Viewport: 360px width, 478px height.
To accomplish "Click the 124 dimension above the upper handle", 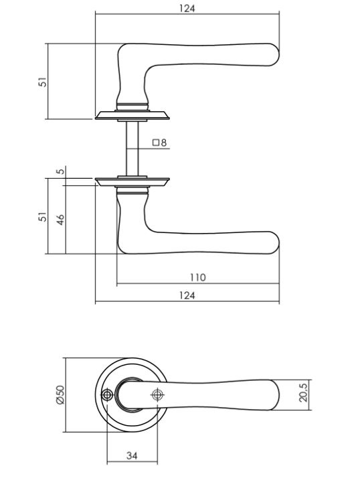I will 187,9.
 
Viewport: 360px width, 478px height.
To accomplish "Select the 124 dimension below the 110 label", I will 187,296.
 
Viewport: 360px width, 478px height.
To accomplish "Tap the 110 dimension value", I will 197,277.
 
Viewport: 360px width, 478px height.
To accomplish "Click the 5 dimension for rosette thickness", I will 60,172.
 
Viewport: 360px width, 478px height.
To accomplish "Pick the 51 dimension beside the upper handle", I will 42,81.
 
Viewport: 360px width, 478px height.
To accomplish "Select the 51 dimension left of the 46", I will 42,218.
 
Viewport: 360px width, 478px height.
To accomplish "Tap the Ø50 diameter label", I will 60,395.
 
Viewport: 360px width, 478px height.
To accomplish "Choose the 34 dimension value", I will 131,456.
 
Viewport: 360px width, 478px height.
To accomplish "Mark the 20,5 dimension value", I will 302,392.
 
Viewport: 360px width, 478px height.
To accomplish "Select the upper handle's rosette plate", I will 132,114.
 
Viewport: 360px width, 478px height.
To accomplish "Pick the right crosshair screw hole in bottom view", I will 157,395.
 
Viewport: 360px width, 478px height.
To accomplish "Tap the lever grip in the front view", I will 221,393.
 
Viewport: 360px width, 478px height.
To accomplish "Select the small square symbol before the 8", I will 155,142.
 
